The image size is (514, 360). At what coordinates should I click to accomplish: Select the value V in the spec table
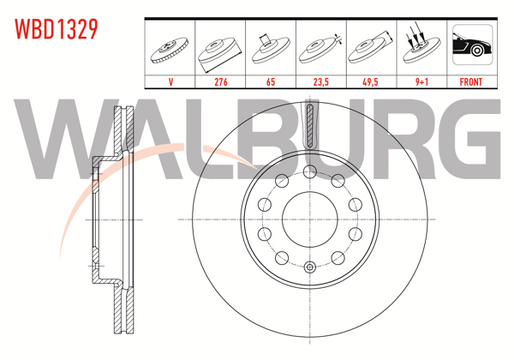[x=170, y=82]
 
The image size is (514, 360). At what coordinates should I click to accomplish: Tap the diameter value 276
[x=220, y=82]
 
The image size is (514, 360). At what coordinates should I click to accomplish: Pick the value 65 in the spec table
[x=270, y=82]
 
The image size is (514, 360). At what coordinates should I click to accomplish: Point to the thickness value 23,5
[x=320, y=82]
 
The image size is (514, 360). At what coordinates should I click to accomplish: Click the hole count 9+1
[x=420, y=82]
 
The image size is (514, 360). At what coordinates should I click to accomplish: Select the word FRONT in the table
[x=470, y=82]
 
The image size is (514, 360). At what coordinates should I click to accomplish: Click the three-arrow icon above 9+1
[x=420, y=47]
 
